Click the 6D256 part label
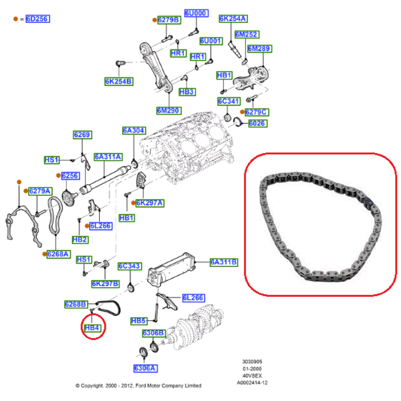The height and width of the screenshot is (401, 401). tap(38, 19)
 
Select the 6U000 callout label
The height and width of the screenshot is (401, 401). tap(196, 13)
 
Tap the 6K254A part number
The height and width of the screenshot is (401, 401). tap(233, 18)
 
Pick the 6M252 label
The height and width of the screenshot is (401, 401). tap(246, 34)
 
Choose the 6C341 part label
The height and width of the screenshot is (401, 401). tap(229, 101)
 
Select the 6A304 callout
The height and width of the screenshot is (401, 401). tap(134, 130)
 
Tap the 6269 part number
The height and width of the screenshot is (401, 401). tap(82, 135)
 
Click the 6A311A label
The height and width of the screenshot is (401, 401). tap(108, 156)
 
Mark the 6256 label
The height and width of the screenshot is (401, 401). tap(70, 176)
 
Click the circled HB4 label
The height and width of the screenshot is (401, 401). tap(92, 328)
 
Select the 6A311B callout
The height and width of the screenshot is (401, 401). tap(224, 262)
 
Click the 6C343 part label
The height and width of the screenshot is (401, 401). tap(129, 266)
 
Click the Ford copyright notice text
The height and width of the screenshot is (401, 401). tap(138, 386)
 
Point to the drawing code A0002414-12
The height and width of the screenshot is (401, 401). tap(251, 383)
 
